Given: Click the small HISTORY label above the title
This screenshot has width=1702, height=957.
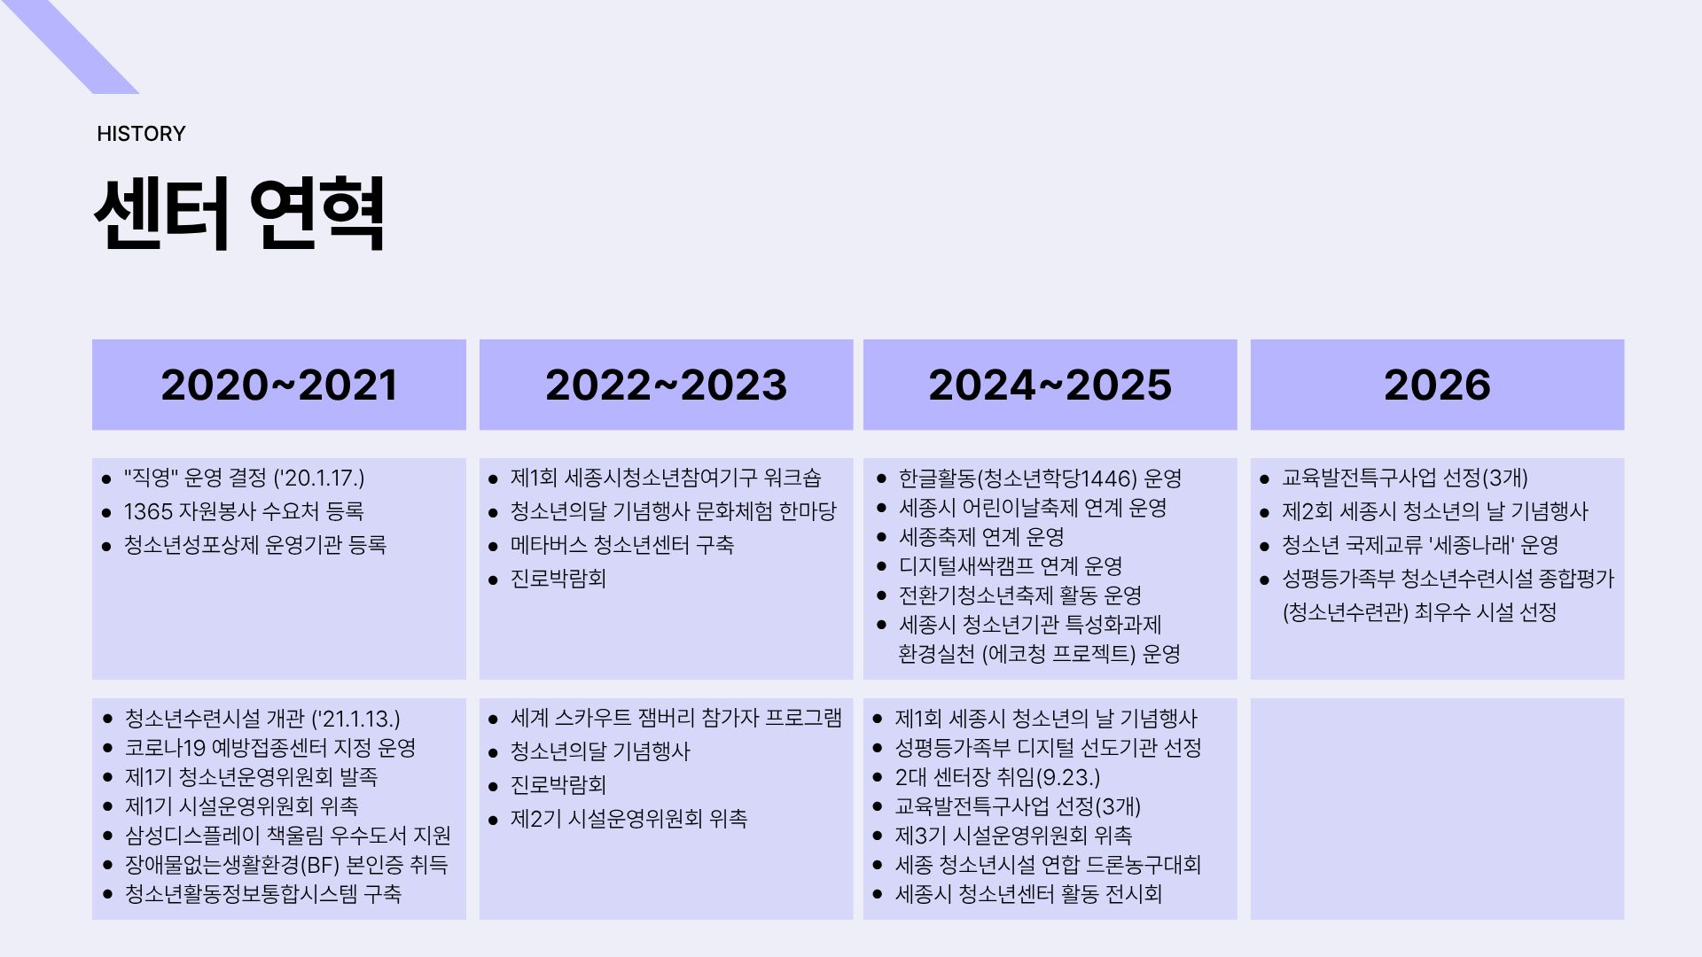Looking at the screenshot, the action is [141, 134].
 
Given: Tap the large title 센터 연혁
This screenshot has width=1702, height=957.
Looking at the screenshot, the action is [239, 213].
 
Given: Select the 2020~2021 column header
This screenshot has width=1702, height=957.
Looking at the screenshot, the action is [279, 385].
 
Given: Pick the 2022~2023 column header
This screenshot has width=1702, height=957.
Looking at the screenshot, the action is [666, 385].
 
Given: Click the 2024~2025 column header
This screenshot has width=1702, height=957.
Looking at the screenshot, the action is [1050, 385].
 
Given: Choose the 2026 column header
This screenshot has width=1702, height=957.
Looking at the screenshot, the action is [1437, 385].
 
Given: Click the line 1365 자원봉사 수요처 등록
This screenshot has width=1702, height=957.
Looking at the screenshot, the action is [244, 511].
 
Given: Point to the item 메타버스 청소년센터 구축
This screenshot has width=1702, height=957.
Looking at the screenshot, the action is [622, 545].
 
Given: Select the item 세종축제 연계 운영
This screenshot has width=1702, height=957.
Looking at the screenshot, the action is [981, 537].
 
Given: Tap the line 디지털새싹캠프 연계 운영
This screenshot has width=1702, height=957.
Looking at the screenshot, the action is [1011, 566].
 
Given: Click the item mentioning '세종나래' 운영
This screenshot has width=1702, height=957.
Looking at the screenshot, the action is [1420, 545].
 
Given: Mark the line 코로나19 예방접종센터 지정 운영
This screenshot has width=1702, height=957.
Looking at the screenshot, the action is [270, 748].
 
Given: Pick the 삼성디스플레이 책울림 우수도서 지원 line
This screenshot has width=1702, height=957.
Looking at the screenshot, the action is [288, 836].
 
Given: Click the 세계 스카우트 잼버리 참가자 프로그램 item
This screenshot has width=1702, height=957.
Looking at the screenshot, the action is [676, 718].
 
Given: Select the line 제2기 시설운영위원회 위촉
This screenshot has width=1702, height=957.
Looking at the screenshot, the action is [628, 819].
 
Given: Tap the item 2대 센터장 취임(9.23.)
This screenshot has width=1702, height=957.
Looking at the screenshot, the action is [997, 777].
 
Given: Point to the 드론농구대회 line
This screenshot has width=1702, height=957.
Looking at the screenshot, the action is [1048, 865].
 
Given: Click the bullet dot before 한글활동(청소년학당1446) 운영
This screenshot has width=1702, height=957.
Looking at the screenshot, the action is [881, 478].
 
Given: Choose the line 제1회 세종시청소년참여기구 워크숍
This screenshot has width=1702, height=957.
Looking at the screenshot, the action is [666, 478].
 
